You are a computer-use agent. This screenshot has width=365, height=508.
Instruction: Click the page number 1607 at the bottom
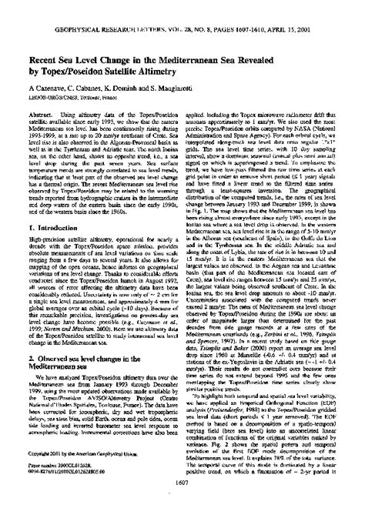tap(182, 498)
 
